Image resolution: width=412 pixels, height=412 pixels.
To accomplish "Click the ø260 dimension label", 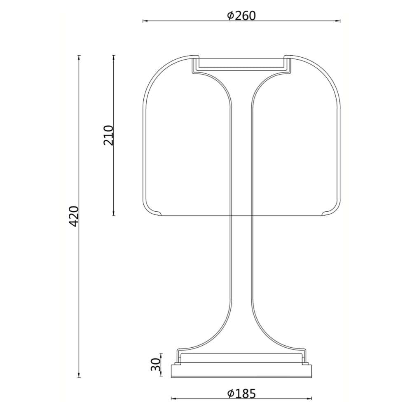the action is pyautogui.click(x=241, y=16).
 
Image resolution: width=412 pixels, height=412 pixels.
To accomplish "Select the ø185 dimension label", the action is pyautogui.click(x=241, y=393).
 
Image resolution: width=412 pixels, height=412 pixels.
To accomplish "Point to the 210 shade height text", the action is pyautogui.click(x=108, y=135).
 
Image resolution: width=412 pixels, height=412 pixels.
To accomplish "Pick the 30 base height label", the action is pyautogui.click(x=156, y=364).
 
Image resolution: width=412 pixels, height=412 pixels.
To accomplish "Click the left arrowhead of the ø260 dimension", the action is pyautogui.click(x=145, y=21).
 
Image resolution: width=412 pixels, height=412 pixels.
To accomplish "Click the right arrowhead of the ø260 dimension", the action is pyautogui.click(x=338, y=21).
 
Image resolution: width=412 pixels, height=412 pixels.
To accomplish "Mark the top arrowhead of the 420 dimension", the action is pyautogui.click(x=79, y=58).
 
